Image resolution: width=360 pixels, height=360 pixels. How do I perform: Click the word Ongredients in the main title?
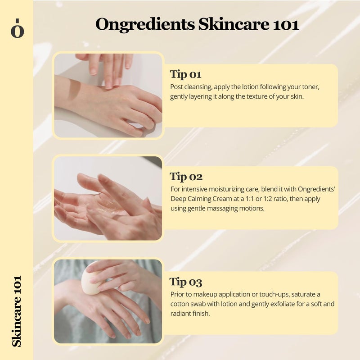coord(145,24)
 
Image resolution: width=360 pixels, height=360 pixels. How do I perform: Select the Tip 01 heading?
coord(185,74)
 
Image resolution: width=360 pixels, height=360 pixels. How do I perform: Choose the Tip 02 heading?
coord(186,176)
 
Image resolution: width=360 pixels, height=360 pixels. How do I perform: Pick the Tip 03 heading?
coord(186,282)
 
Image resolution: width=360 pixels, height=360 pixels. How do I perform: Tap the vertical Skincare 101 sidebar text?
coord(17,311)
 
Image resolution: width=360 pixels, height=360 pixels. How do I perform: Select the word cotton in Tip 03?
coord(180,304)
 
